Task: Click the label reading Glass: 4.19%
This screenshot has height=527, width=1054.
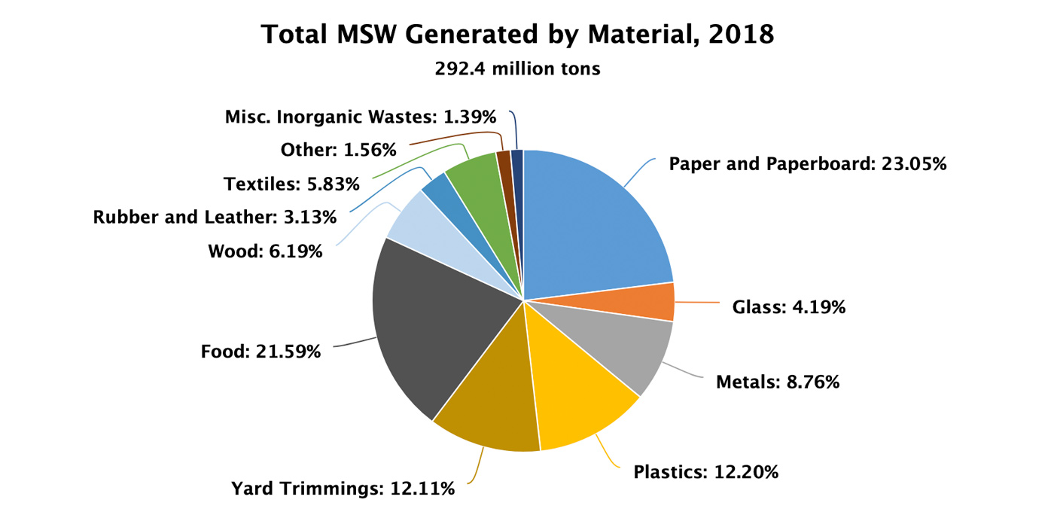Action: coord(789,307)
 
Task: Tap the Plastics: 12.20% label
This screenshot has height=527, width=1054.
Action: coord(705,473)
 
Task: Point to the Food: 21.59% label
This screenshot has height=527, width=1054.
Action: coord(261,351)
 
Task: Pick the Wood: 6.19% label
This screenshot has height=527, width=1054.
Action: coord(265,251)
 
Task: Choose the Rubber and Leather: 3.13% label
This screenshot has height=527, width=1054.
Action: coord(215,218)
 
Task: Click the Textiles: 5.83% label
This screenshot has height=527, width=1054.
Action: coord(291,184)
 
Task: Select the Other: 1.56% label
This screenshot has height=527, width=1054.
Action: coord(338,150)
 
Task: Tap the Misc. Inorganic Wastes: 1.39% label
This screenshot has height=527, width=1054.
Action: coord(361,117)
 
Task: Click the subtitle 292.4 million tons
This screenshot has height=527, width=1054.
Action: coord(517,69)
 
